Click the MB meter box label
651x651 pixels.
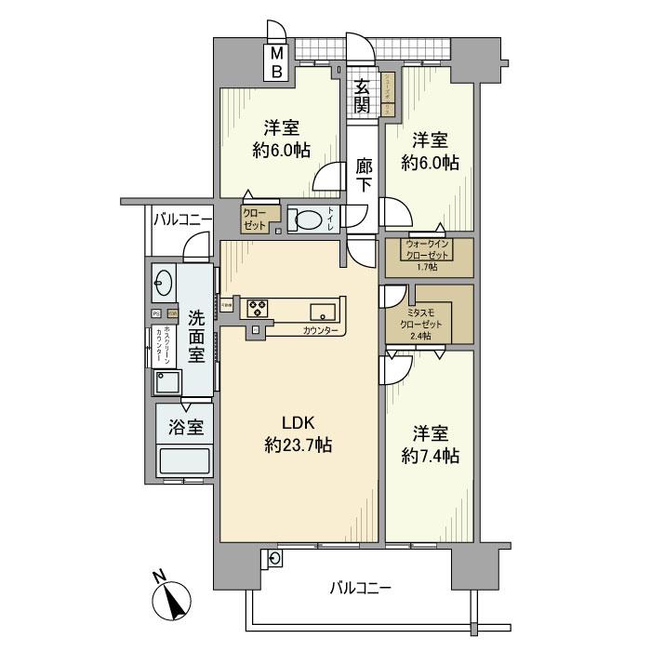pyautogui.click(x=277, y=62)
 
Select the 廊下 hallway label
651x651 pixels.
pyautogui.click(x=365, y=176)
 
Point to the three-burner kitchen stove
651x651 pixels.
pyautogui.click(x=258, y=308)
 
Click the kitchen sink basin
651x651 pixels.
pyautogui.click(x=322, y=311)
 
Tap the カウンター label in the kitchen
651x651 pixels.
pyautogui.click(x=320, y=330)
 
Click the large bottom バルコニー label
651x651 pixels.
pyautogui.click(x=360, y=588)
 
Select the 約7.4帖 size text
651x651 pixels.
pyautogui.click(x=431, y=456)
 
